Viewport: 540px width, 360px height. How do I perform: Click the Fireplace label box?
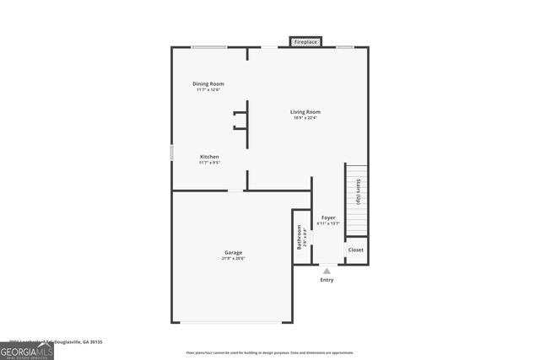(x=305, y=41)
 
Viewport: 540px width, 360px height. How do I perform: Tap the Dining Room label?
(x=208, y=83)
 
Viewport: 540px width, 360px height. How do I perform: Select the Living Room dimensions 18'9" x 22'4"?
(x=305, y=118)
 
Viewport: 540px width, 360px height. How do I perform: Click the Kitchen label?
(x=209, y=157)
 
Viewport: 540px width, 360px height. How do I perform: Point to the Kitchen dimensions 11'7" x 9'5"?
(x=209, y=163)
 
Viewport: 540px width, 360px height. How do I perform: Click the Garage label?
(x=233, y=252)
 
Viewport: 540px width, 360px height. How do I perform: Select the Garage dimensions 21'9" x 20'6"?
(x=233, y=258)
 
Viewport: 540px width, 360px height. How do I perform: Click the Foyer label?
(x=328, y=218)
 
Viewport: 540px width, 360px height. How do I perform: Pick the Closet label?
(x=356, y=250)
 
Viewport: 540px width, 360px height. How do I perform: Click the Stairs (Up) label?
(x=359, y=192)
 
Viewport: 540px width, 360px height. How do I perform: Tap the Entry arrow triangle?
(x=327, y=271)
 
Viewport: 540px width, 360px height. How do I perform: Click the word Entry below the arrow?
(x=327, y=280)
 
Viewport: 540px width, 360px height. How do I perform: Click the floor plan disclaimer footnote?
(x=270, y=352)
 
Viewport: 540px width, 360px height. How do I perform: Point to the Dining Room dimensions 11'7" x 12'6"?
(x=208, y=90)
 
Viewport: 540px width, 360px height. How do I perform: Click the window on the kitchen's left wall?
(x=172, y=153)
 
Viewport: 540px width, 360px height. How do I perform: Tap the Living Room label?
(x=305, y=111)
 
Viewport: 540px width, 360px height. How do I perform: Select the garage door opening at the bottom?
(x=233, y=322)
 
